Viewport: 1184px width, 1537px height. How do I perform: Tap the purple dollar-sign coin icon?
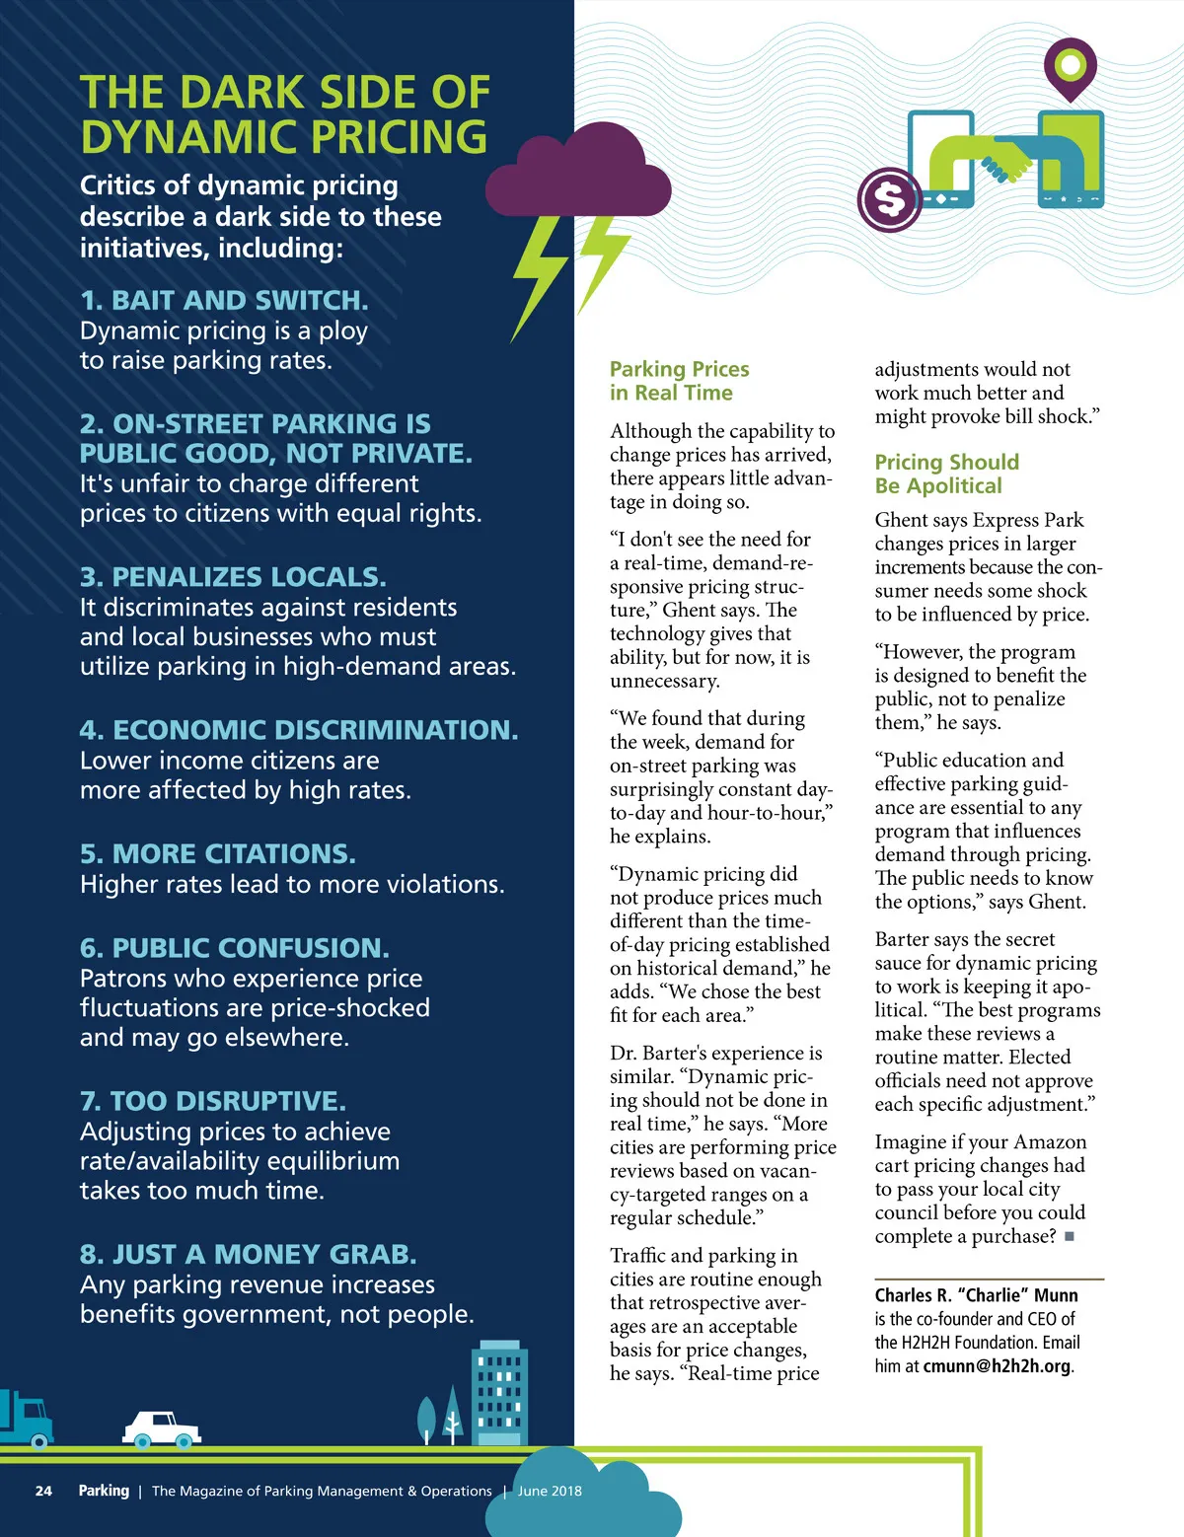[x=890, y=199]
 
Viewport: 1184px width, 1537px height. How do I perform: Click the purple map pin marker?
[x=1070, y=68]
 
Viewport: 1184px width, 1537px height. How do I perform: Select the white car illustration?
[x=161, y=1427]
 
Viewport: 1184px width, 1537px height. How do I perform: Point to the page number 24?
[x=43, y=1491]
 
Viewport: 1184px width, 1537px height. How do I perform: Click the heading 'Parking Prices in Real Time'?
[x=679, y=381]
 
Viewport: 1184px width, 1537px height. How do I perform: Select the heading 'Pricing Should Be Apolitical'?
[x=946, y=474]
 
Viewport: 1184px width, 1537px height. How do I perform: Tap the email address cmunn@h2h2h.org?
[x=997, y=1366]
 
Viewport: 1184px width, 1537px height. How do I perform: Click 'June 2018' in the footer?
[x=550, y=1491]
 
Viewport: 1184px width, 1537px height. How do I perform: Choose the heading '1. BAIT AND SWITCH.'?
[x=224, y=300]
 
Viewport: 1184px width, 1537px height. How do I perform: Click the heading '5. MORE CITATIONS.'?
[x=218, y=853]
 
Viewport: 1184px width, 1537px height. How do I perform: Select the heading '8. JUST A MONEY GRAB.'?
[x=248, y=1254]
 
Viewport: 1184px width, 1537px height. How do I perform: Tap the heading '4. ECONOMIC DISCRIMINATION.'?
[x=298, y=730]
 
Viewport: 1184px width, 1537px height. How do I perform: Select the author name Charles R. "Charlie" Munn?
[x=976, y=1295]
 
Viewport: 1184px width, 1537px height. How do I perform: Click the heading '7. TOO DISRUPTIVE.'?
[x=212, y=1101]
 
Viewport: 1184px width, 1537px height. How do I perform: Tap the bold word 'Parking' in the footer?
[x=104, y=1491]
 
